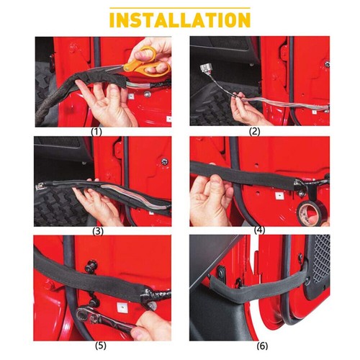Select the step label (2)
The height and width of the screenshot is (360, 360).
[256, 132]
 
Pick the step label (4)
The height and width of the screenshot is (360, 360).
[258, 230]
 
